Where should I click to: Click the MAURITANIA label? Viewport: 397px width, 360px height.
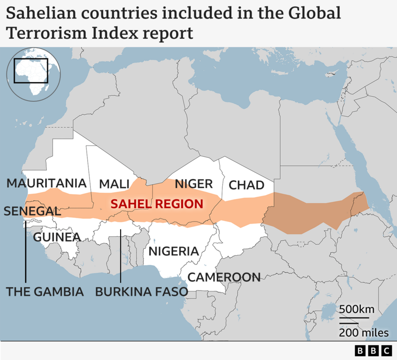tap(47, 183)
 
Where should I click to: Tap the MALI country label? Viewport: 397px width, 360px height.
tap(114, 184)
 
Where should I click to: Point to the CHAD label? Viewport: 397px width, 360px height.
tap(246, 186)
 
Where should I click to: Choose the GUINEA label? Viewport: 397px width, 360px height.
tap(57, 237)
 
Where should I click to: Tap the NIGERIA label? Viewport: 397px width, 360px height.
tap(174, 251)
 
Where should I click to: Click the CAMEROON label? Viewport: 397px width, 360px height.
tap(224, 277)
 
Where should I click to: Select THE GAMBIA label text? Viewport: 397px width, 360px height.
tap(45, 292)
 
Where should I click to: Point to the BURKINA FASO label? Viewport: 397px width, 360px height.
tap(141, 292)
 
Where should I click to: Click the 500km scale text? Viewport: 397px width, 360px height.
tap(356, 309)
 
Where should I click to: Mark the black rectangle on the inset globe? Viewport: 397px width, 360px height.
tap(31, 71)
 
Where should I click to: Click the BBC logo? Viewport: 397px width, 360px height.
tap(374, 351)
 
